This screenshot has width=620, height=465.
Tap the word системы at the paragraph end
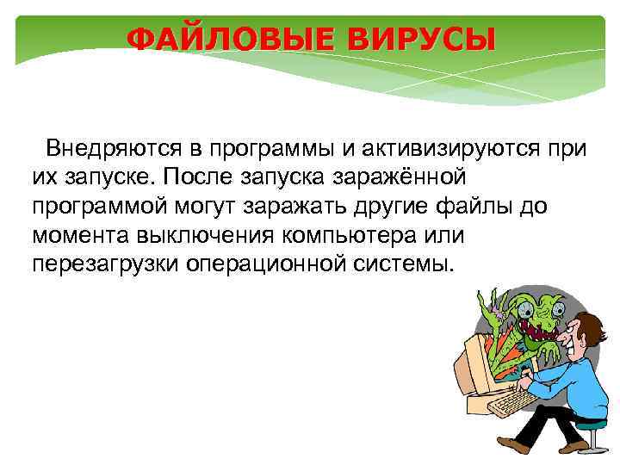coord(405,262)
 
